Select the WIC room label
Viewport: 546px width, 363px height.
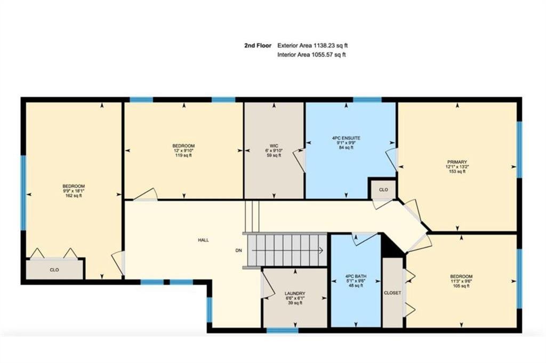point(274,146)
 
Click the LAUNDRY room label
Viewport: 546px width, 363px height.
point(295,293)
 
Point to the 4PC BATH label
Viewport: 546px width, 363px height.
point(356,276)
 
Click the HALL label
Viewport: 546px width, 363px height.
point(203,240)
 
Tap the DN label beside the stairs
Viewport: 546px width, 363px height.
point(238,251)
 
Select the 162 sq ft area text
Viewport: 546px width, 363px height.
point(74,196)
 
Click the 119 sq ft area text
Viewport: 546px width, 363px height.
point(183,155)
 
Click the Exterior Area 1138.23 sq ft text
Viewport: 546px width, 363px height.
point(312,45)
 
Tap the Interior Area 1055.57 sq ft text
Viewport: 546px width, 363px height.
point(311,55)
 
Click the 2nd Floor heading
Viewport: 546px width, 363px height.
point(258,45)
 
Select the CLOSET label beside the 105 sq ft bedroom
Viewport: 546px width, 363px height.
point(392,293)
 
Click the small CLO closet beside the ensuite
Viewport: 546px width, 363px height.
point(383,190)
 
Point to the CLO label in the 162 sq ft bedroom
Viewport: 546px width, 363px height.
point(54,270)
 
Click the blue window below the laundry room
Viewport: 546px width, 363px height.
point(283,330)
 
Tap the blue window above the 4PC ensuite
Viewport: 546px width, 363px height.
point(367,100)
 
